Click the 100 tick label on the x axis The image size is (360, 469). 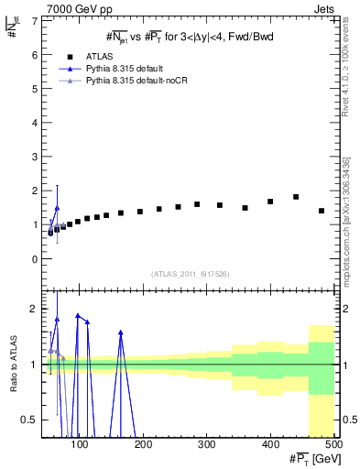(81, 445)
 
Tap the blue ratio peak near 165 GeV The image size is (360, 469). (121, 333)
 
